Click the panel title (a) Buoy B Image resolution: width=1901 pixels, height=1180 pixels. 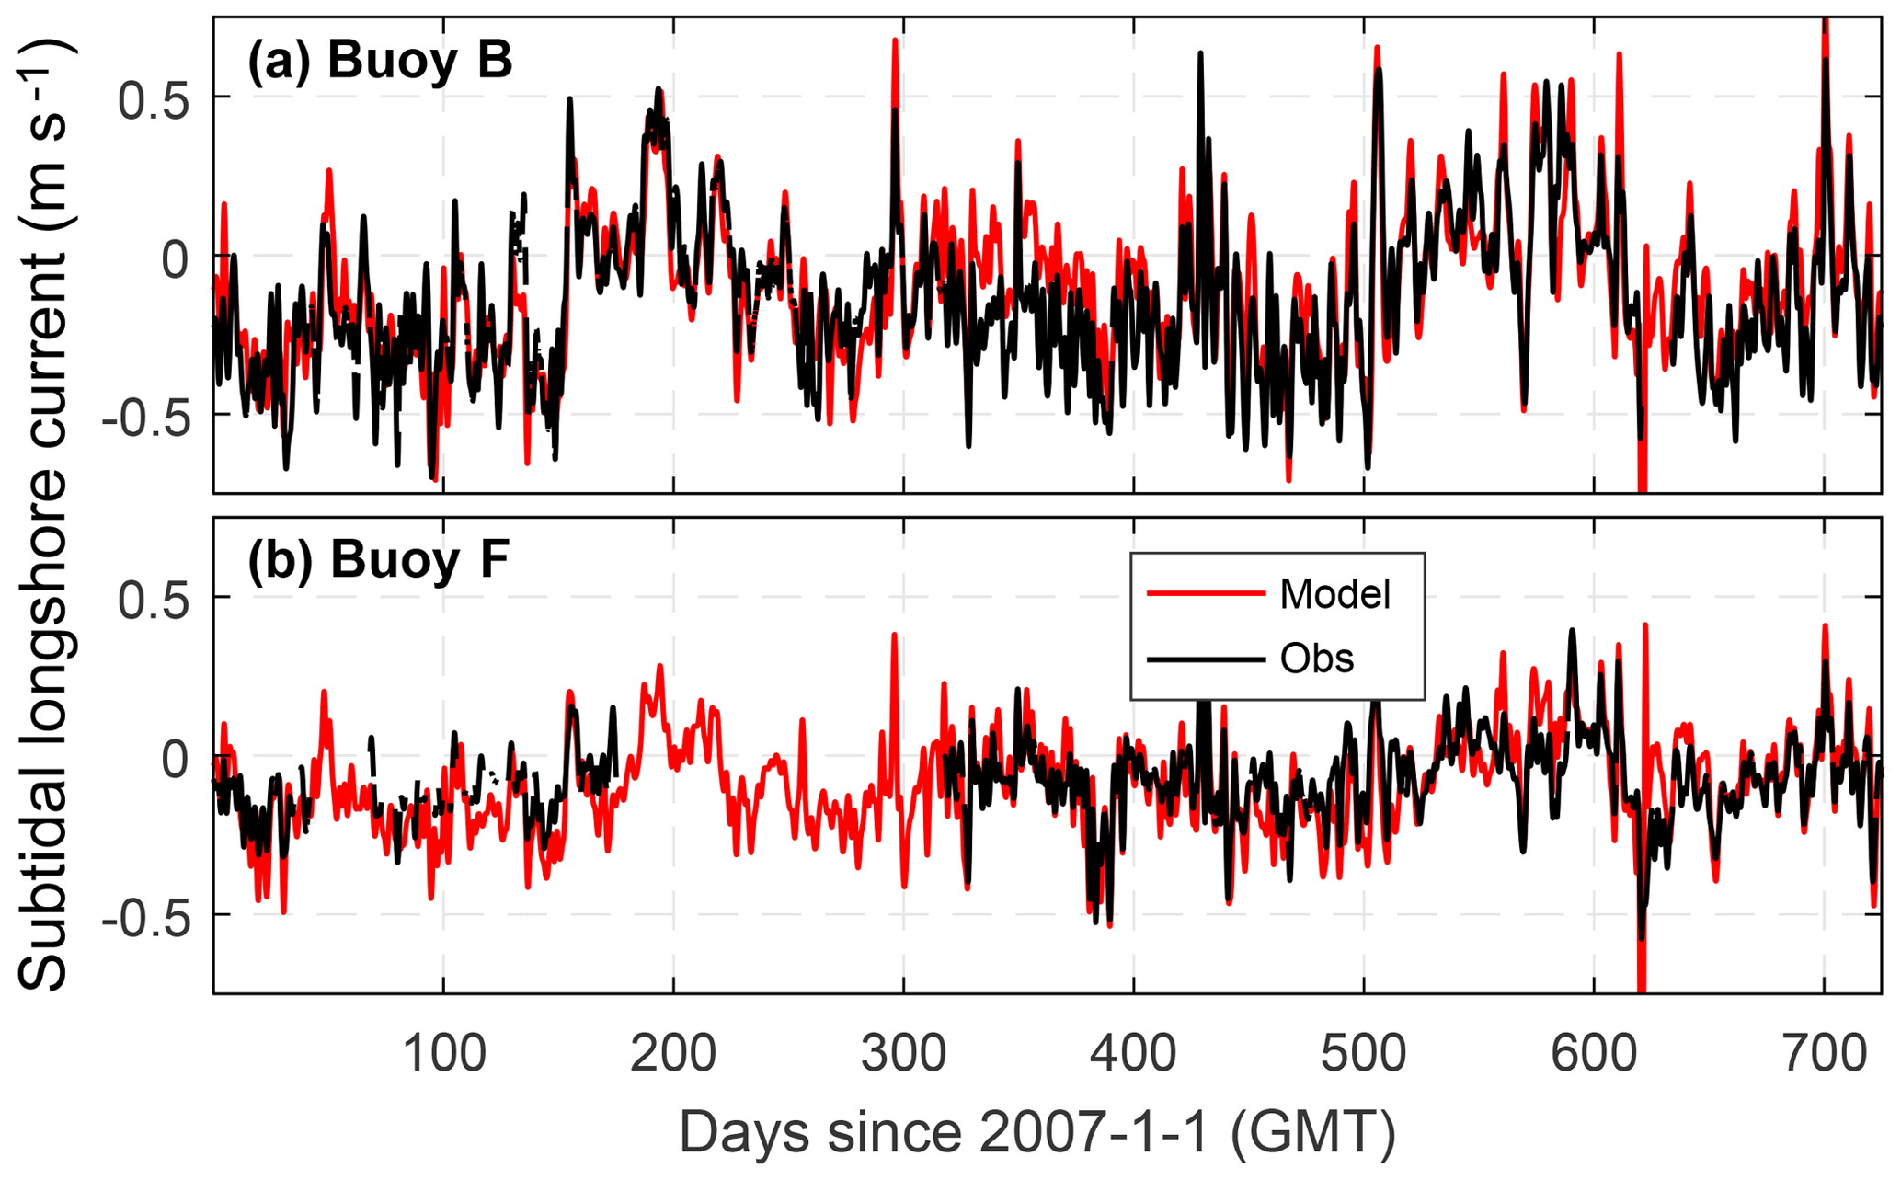379,61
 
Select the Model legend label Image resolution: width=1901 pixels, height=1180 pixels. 1334,595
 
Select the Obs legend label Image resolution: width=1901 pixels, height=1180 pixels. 1317,659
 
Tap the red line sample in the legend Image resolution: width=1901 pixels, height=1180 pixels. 1206,594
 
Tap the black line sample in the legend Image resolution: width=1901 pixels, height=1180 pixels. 1206,659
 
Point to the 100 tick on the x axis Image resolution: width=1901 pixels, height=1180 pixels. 444,1053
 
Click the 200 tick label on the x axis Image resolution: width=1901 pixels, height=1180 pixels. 673,1053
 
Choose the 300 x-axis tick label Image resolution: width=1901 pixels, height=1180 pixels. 904,1053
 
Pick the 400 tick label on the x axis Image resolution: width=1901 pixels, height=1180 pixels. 1134,1053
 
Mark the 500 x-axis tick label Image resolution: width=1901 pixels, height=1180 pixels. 1364,1053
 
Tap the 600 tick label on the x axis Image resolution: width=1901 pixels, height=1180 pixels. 1594,1053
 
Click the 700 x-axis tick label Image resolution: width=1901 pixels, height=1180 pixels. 1824,1053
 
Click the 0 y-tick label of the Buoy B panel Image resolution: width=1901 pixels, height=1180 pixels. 175,258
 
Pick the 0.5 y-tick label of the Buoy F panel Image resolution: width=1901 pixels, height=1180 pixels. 153,599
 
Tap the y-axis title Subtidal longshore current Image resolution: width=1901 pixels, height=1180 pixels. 44,515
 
